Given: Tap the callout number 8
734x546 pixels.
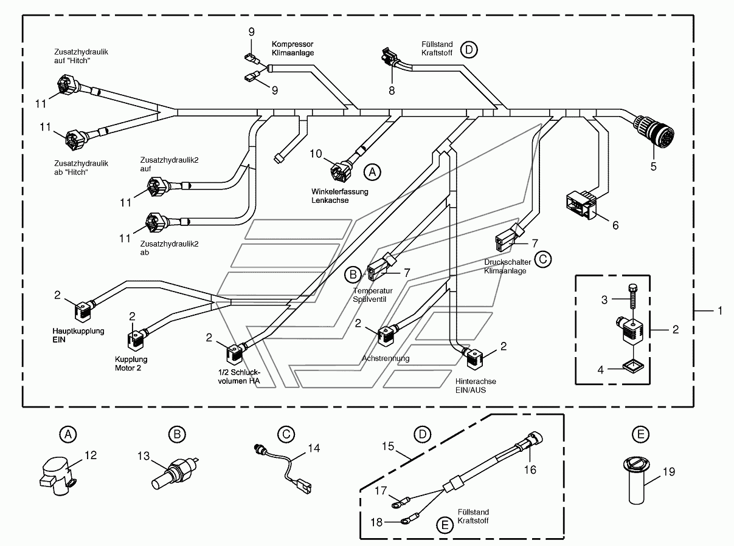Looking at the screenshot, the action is coord(392,90).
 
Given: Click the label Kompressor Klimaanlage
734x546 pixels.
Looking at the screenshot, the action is coord(293,48).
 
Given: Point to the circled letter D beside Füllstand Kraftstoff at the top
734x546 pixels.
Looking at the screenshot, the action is coord(469,50).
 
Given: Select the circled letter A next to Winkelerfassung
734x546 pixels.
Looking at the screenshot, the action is coord(372,172).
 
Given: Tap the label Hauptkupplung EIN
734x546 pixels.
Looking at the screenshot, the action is coord(78,335).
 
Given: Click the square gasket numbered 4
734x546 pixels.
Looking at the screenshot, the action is coord(634,367).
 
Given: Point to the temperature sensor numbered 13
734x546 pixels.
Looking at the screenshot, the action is coord(174,473).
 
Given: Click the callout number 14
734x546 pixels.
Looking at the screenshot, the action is coord(314,448).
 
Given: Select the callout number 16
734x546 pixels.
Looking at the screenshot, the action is coord(530,469).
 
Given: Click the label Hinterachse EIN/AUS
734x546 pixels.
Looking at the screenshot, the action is coord(476,386).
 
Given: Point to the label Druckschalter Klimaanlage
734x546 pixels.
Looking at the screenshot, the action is coord(508,267).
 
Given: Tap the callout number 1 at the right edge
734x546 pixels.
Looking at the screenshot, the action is coord(719,311).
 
